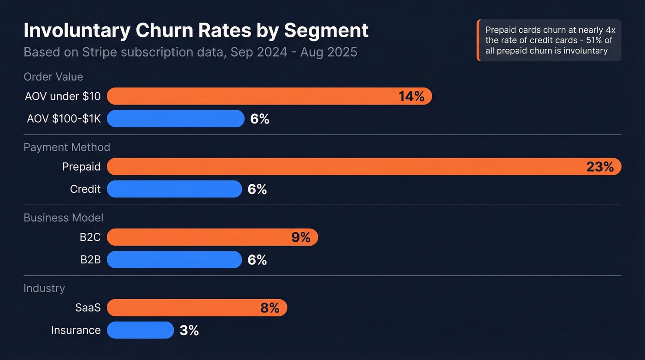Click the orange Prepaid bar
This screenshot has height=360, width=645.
pos(341,166)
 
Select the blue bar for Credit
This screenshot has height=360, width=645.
pos(174,189)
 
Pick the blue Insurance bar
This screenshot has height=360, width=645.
pos(140,330)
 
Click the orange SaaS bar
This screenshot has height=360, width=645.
pos(184,307)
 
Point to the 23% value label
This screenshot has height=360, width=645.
pos(600,166)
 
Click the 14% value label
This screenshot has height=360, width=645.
pos(411,96)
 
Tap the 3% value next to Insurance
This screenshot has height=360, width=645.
pos(189,330)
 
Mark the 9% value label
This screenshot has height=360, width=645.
pos(301,237)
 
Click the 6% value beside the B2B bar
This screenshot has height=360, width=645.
pos(257,260)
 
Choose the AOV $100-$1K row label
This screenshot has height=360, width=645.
pos(64,119)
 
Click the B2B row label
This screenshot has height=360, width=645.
pos(90,260)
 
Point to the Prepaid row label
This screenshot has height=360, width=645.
pos(81,166)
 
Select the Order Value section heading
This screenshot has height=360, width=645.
pos(53,77)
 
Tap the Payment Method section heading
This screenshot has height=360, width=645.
pos(67,147)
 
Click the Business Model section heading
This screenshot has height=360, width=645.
pos(64,218)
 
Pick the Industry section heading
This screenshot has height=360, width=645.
pos(44,288)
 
